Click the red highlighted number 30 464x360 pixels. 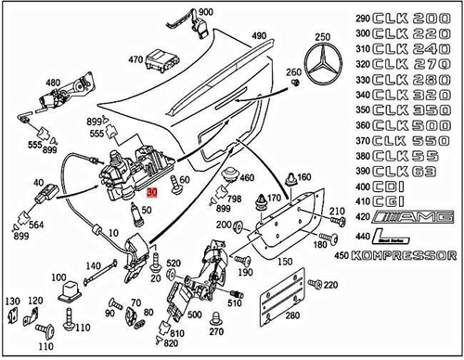pyautogui.click(x=153, y=191)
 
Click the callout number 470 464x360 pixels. pyautogui.click(x=135, y=60)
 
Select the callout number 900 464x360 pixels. pyautogui.click(x=205, y=11)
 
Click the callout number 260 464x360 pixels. pyautogui.click(x=295, y=72)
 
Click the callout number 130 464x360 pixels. pyautogui.click(x=11, y=302)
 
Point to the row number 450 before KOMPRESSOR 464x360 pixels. pyautogui.click(x=361, y=254)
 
